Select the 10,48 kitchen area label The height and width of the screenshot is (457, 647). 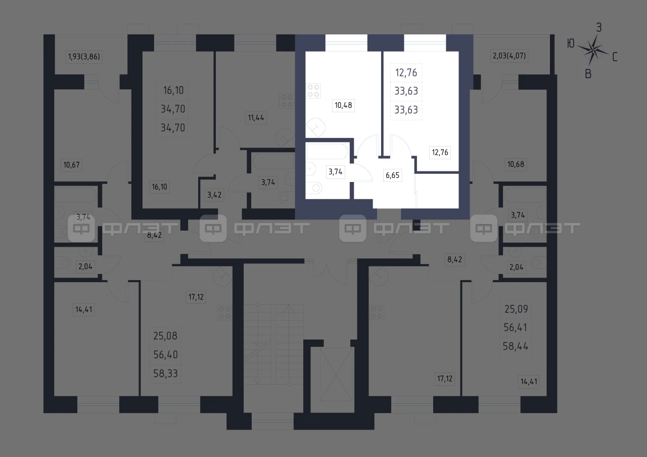343,105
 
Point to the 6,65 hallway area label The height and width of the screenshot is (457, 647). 393,175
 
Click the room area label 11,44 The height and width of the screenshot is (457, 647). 256,118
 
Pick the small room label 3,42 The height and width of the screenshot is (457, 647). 214,195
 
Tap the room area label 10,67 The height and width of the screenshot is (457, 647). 71,165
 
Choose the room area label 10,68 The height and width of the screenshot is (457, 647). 516,164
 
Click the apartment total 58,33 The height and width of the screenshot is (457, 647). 165,374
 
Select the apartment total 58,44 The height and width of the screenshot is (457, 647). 516,346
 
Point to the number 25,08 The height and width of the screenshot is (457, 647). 165,336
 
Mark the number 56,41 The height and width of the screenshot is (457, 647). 516,327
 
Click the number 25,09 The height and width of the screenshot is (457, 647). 516,309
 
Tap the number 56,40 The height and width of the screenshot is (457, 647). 165,354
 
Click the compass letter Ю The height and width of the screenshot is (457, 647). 571,43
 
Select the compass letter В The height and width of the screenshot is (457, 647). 588,74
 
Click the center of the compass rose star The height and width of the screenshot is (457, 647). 593,51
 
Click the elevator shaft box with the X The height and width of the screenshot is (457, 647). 337,375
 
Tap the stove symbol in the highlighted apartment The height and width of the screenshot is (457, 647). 313,90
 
